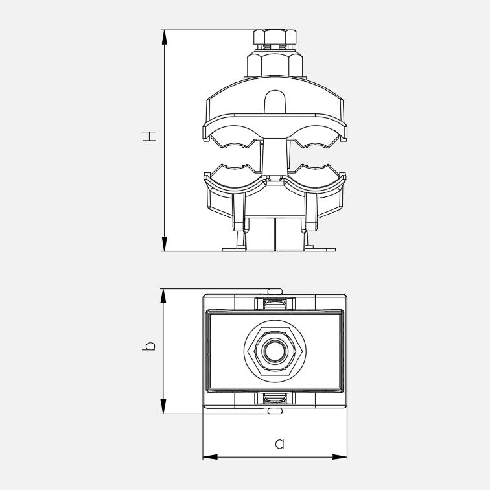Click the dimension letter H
pyautogui.click(x=150, y=136)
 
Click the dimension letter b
pyautogui.click(x=149, y=345)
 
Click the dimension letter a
pyautogui.click(x=280, y=444)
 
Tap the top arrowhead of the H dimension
pyautogui.click(x=165, y=38)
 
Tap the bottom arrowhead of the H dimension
pyautogui.click(x=165, y=244)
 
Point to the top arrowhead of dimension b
pyautogui.click(x=163, y=296)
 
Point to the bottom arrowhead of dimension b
pyautogui.click(x=163, y=406)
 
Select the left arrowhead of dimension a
pyautogui.click(x=210, y=457)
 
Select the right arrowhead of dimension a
pyautogui.click(x=340, y=457)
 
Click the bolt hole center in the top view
pyautogui.click(x=275, y=350)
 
